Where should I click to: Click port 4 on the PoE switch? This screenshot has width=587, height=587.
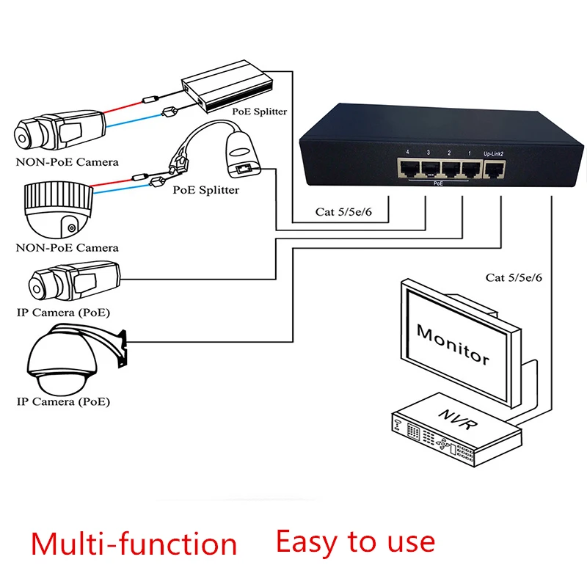point(407,168)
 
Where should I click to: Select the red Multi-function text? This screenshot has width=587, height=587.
point(134,544)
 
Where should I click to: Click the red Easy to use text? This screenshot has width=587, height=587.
point(355,542)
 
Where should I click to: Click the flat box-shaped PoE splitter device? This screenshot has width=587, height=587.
point(229,87)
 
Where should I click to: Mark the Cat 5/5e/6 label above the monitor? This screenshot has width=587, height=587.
point(514,277)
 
